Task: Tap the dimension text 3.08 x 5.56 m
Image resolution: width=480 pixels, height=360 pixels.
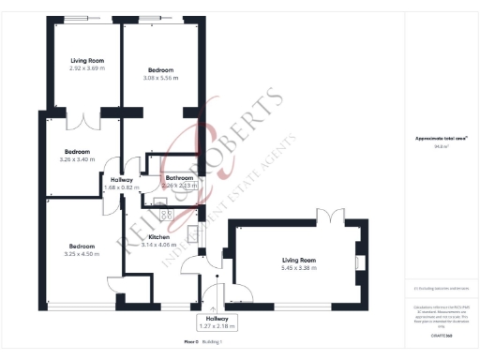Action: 162,77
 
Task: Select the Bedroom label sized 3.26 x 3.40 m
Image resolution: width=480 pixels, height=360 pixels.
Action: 77,152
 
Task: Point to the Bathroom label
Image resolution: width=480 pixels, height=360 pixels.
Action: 179,178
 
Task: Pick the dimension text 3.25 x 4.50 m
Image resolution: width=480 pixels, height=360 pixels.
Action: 77,254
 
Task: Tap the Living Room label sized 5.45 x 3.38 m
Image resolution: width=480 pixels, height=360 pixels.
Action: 299,262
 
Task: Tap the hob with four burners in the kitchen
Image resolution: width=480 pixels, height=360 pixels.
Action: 165,215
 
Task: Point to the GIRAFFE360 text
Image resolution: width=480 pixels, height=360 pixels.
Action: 442,335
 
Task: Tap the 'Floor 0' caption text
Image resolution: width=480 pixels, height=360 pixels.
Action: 192,341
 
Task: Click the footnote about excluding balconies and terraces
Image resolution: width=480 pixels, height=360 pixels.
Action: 441,288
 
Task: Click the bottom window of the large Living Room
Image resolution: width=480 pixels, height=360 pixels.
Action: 301,307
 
